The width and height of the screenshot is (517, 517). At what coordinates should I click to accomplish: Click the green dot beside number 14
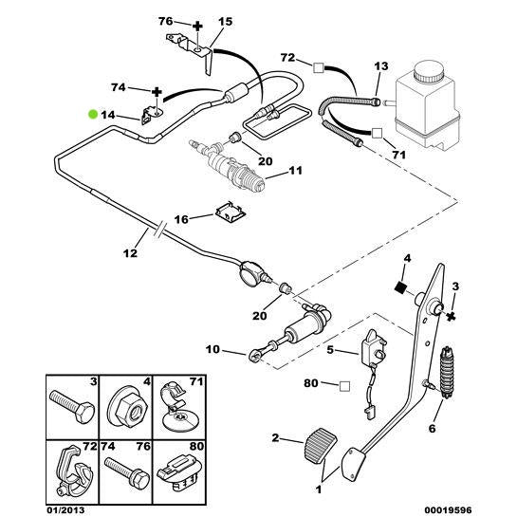pyautogui.click(x=92, y=113)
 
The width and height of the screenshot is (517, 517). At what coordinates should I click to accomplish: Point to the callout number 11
pyautogui.click(x=295, y=173)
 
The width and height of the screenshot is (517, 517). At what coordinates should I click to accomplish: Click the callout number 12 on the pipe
pyautogui.click(x=130, y=254)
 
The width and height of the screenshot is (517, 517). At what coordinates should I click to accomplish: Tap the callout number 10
pyautogui.click(x=212, y=350)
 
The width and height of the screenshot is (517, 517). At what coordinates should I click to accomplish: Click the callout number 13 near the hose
pyautogui.click(x=381, y=65)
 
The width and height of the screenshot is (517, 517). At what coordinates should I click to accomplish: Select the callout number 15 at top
pyautogui.click(x=225, y=21)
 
